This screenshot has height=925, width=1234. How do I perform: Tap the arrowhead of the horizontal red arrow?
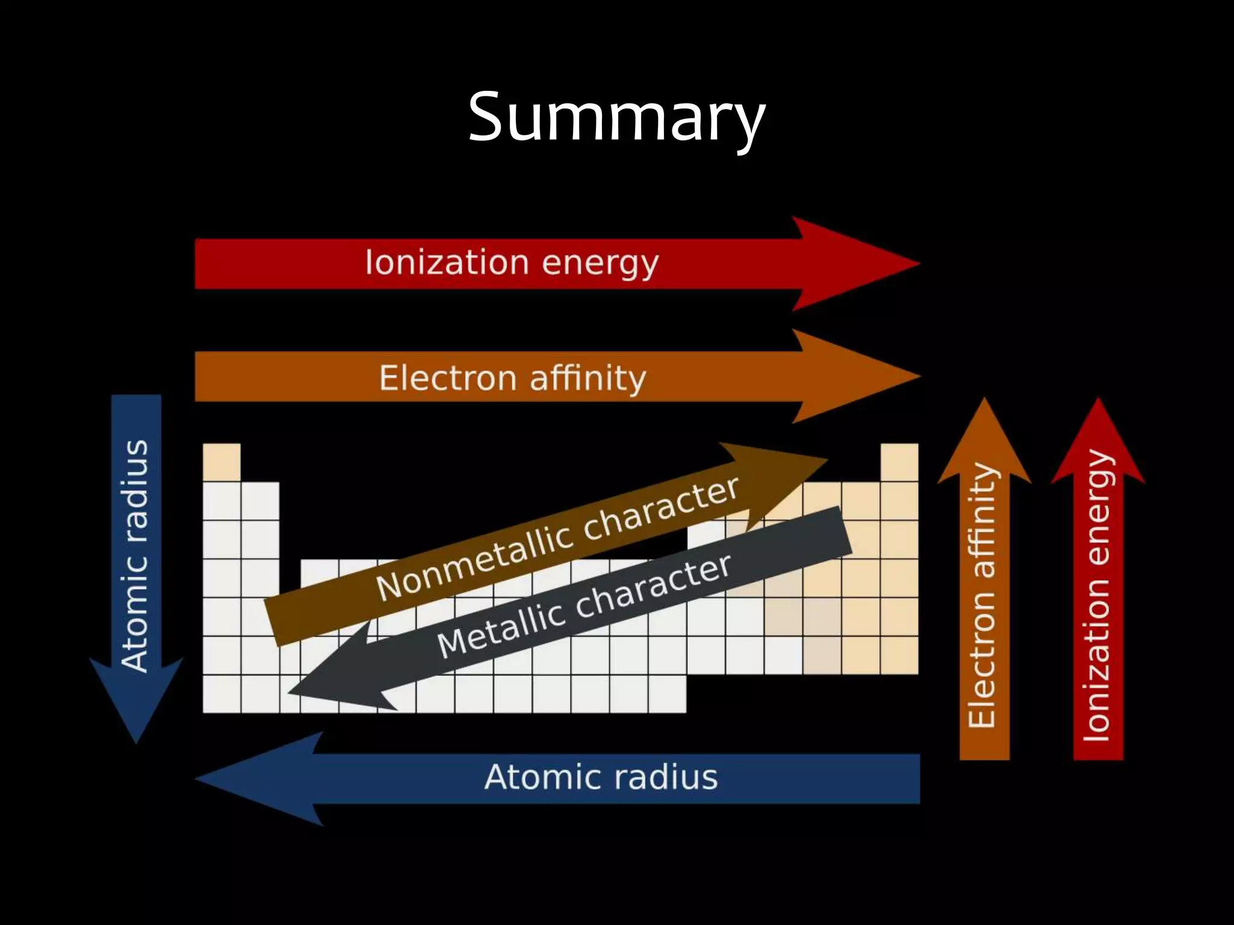click(x=856, y=264)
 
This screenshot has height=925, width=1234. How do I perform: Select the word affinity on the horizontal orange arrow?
click(x=587, y=378)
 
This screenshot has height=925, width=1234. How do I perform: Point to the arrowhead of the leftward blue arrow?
click(x=259, y=779)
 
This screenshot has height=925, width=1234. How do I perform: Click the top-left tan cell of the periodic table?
click(x=221, y=462)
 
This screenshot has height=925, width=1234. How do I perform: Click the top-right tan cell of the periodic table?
click(x=899, y=462)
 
